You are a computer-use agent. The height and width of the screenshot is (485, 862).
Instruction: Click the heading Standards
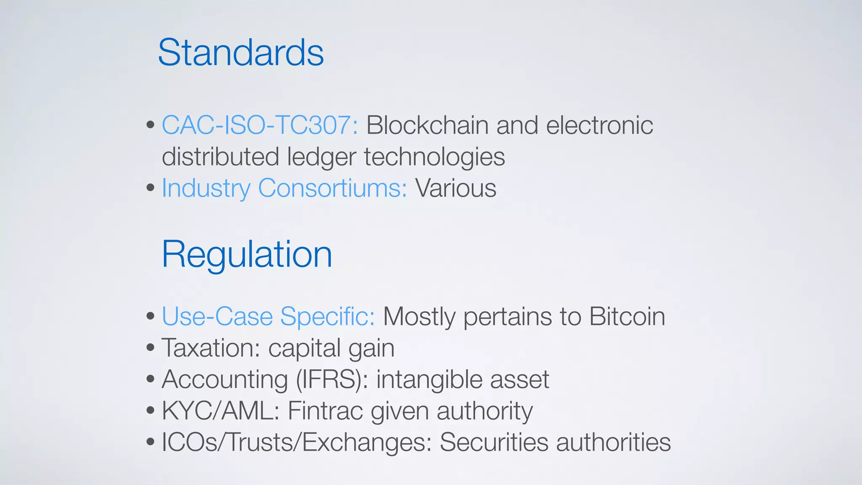[241, 53]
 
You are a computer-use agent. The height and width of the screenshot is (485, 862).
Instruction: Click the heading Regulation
[247, 255]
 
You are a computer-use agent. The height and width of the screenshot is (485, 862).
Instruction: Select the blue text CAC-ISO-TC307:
[260, 125]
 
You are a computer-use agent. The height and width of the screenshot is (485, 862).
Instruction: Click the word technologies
[434, 157]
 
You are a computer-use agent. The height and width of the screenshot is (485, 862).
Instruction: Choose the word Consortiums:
[333, 188]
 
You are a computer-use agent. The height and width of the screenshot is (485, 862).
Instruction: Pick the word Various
[456, 188]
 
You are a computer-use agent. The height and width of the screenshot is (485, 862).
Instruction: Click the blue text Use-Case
[217, 317]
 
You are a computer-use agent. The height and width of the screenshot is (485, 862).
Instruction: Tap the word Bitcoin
[627, 317]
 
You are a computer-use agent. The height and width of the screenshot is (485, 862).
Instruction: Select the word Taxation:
[211, 348]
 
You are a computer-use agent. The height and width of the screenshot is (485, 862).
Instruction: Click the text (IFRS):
[332, 379]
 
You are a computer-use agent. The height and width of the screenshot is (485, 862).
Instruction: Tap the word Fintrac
[325, 411]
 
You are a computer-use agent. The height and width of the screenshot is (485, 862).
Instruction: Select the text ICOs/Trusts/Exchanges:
[297, 442]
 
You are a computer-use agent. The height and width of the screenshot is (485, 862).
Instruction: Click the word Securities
[494, 442]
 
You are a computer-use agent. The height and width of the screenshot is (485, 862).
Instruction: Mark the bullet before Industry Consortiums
[151, 188]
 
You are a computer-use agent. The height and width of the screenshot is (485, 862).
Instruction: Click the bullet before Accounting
[151, 379]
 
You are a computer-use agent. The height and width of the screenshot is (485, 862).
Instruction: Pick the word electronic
[599, 125]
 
